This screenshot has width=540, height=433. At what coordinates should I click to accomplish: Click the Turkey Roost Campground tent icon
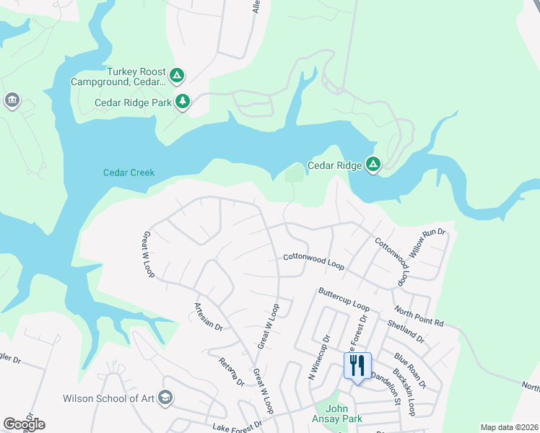tap(177, 75)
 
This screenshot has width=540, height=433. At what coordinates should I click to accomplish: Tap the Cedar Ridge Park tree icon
tap(183, 102)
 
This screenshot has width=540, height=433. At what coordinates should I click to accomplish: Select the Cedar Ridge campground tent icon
tap(373, 165)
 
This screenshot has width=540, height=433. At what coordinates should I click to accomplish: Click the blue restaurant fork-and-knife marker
tap(357, 366)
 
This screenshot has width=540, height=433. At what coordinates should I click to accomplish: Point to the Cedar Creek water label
tap(129, 172)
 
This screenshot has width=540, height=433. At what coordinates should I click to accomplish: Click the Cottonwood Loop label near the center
tap(313, 260)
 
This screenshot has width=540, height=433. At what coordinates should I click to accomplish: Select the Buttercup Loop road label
tap(344, 299)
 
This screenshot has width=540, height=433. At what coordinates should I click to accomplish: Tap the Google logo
tap(24, 424)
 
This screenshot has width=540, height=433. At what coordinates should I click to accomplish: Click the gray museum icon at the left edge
tap(12, 100)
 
